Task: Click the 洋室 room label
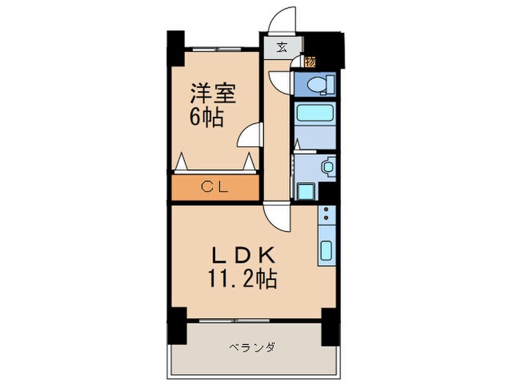(214, 93)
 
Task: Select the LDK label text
(243, 256)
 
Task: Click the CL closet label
(215, 187)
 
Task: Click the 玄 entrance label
(282, 48)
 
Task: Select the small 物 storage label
(310, 62)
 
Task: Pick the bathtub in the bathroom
(315, 115)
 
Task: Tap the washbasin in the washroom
(326, 167)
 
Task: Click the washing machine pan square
(305, 191)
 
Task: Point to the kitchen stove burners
(326, 217)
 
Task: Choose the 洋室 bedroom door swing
(251, 135)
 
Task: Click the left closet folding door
(183, 161)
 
